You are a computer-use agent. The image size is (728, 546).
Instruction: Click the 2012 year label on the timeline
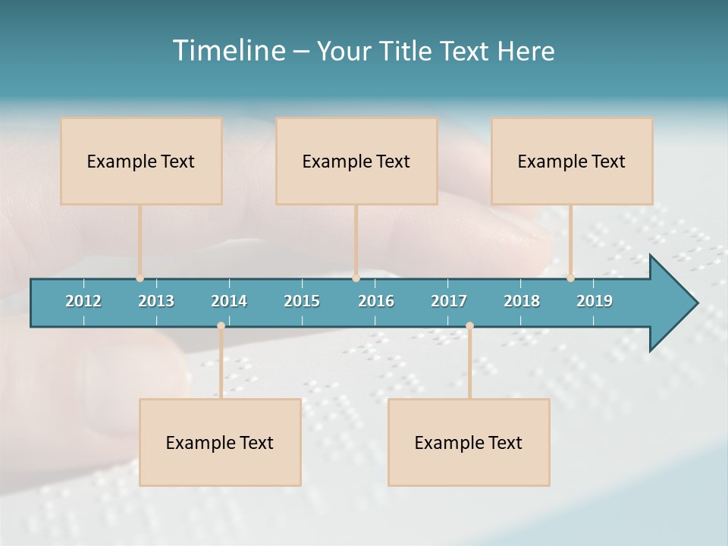click(83, 301)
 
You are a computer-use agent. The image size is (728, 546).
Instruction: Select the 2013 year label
click(156, 301)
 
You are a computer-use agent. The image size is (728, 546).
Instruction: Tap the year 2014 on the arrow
click(229, 301)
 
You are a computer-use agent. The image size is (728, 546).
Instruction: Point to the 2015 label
click(302, 301)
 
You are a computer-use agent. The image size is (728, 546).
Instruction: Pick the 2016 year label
click(376, 301)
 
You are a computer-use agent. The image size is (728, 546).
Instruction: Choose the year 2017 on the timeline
click(449, 301)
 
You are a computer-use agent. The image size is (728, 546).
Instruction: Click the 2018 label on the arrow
click(522, 301)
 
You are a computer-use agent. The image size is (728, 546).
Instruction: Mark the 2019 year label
click(595, 301)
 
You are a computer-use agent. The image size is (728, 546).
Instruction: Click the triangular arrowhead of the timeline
click(671, 303)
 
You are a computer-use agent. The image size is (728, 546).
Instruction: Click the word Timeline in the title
click(228, 51)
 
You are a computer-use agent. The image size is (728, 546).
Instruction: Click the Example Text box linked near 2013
click(141, 161)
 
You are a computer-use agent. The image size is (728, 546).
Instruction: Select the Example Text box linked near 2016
click(356, 161)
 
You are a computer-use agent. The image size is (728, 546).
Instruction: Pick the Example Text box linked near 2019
click(572, 161)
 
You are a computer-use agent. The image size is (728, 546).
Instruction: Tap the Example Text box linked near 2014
click(220, 442)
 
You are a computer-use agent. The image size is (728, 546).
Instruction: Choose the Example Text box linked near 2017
click(469, 442)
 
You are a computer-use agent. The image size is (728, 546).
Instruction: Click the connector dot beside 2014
click(221, 325)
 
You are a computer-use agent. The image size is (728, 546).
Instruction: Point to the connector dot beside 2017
click(469, 325)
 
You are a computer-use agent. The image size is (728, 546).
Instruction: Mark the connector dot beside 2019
click(570, 278)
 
